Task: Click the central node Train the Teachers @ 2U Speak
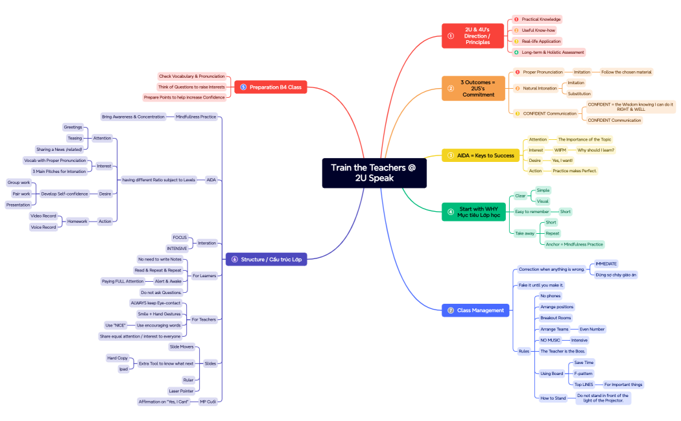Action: tap(374, 172)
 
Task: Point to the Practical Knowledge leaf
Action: tap(541, 19)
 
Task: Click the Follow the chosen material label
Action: tap(626, 72)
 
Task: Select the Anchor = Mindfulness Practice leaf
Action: tap(574, 244)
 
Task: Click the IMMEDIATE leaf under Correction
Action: tap(606, 264)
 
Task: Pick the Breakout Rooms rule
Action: tap(556, 318)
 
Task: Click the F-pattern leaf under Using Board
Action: tap(583, 374)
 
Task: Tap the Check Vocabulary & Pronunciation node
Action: tap(192, 76)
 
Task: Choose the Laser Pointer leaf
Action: tap(181, 391)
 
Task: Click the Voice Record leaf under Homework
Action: tap(43, 227)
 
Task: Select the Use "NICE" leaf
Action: tap(115, 324)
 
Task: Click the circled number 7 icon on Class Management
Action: tap(450, 310)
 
